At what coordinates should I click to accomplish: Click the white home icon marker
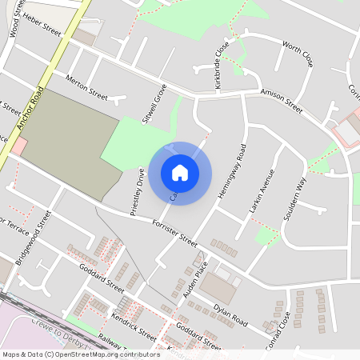[180, 172]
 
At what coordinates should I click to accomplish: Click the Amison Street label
[282, 101]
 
